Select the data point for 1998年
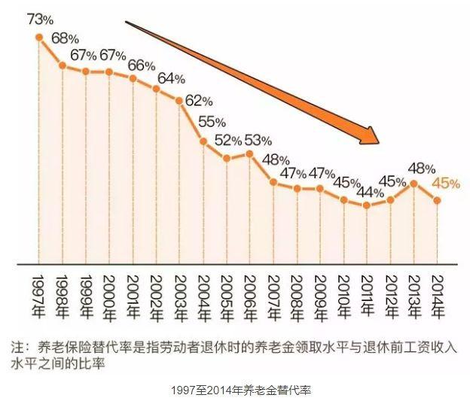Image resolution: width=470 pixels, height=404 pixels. click(63, 66)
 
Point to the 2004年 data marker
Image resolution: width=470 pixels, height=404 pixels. click(203, 141)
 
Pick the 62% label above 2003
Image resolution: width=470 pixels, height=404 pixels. click(200, 100)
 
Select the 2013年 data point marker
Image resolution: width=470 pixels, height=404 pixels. click(414, 182)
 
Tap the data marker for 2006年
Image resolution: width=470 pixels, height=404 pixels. click(250, 153)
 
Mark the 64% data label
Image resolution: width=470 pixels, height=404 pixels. click(171, 78)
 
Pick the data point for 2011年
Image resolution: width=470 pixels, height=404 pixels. click(367, 205)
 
